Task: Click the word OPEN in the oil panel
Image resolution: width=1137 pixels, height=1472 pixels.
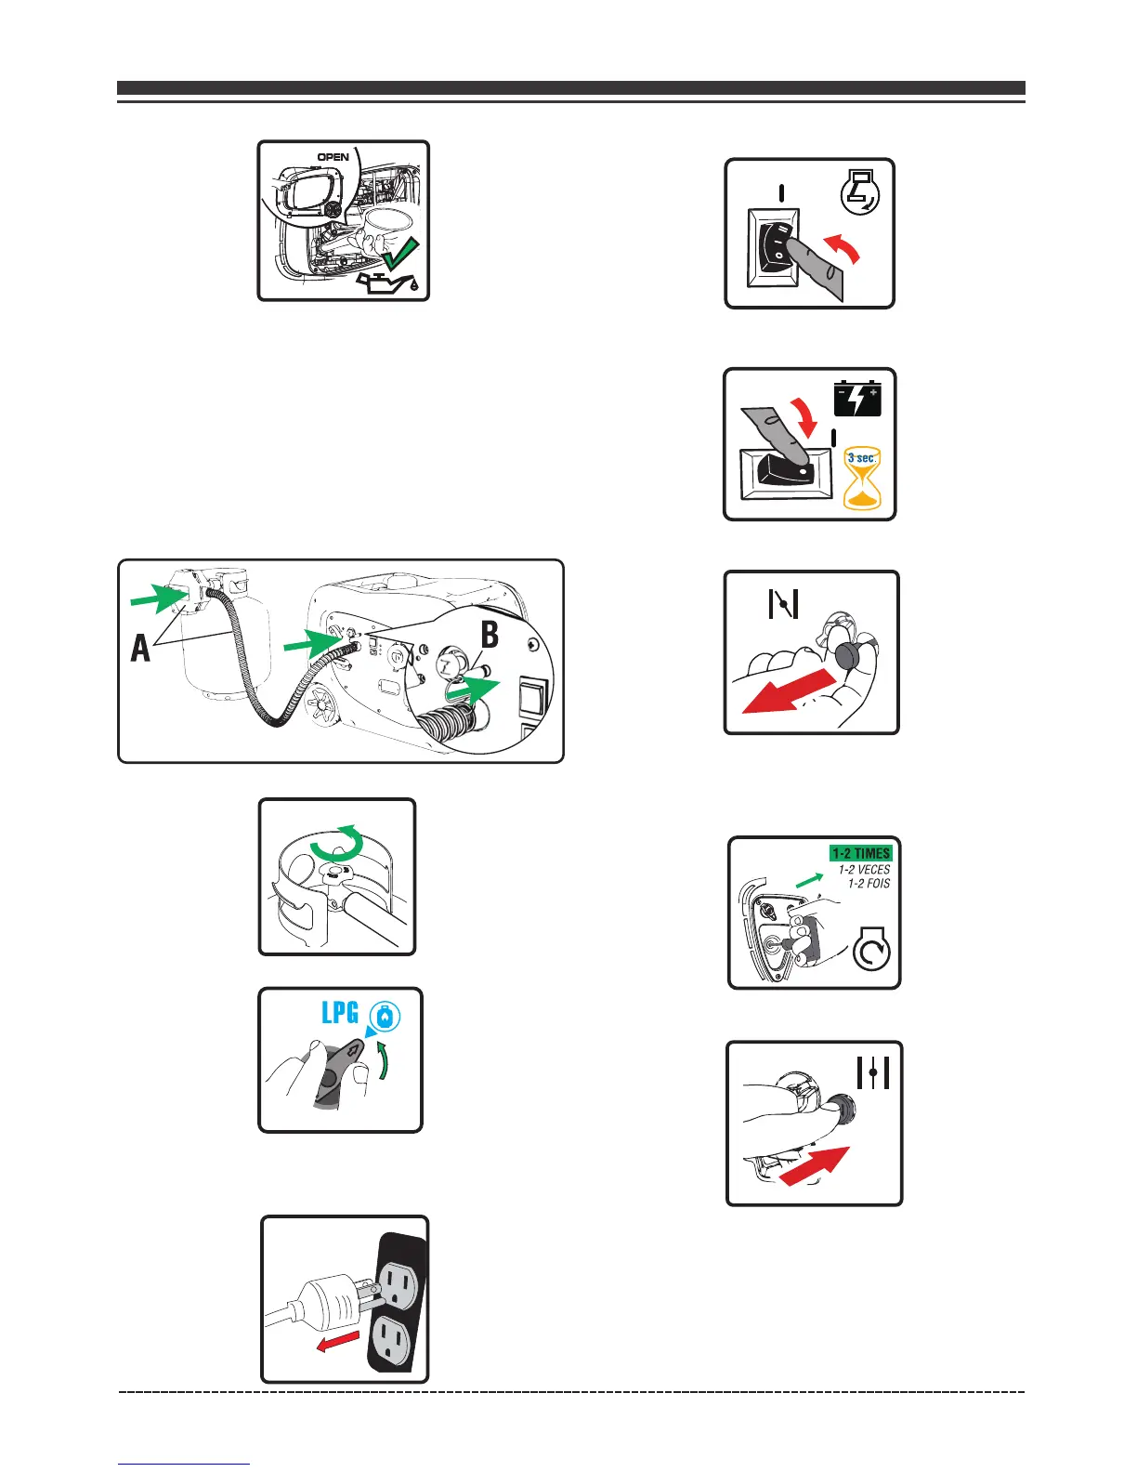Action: tap(333, 157)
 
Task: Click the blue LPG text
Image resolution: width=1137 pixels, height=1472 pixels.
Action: tap(340, 1012)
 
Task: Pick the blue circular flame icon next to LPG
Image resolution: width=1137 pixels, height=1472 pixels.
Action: tap(384, 1016)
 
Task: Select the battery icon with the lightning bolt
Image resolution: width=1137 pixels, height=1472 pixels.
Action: tap(856, 398)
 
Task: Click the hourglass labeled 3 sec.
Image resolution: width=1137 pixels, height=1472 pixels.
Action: tap(861, 478)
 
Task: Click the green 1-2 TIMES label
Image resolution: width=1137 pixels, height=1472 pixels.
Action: tap(860, 853)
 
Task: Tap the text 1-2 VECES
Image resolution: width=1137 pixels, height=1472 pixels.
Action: tap(864, 870)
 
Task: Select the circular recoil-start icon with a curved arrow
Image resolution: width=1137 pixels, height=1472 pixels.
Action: tap(871, 952)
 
